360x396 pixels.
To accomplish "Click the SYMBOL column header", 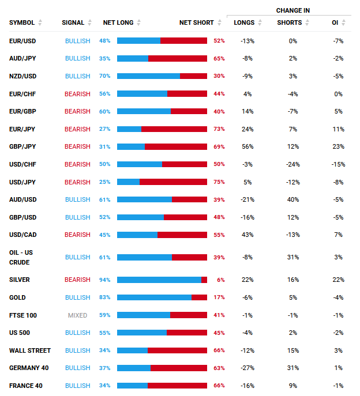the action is point(22,22).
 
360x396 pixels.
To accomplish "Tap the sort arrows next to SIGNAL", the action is point(89,22).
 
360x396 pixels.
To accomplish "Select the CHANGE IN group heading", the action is point(292,10).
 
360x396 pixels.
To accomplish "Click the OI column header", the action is point(335,22).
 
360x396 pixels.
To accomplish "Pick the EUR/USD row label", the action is point(22,41).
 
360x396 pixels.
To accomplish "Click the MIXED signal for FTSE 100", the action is point(77,315).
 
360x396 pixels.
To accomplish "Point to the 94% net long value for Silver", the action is point(104,280).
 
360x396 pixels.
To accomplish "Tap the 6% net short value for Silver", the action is point(221,280).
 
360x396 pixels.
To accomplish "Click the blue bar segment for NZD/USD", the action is point(148,76).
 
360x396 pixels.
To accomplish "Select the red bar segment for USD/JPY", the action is point(173,182).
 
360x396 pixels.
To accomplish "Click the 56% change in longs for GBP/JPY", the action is point(247,147).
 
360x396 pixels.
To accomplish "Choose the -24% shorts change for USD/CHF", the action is point(292,164).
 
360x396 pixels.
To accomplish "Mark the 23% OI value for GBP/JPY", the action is point(338,147).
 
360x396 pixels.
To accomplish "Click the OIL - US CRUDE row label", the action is point(21,257).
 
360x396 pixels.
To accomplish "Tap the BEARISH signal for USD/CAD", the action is point(77,235).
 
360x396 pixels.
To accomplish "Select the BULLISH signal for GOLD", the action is point(78,297).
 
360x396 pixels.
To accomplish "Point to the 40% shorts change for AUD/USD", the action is point(293,199).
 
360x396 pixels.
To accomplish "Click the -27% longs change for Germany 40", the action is point(247,368).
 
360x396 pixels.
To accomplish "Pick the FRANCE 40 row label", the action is point(26,386).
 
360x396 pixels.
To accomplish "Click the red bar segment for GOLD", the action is point(199,297).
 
